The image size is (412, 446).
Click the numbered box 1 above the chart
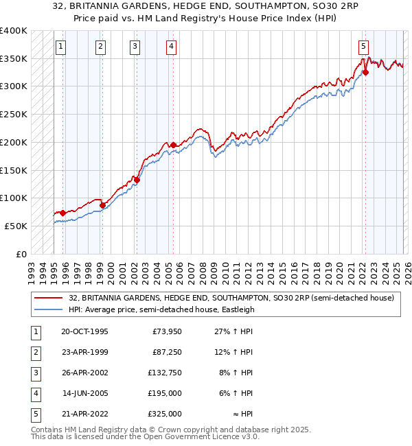(x=61, y=47)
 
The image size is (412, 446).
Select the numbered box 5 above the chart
(x=363, y=47)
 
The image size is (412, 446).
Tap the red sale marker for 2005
(x=174, y=145)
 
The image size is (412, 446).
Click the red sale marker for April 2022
(x=365, y=72)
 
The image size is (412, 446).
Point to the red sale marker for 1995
(x=63, y=213)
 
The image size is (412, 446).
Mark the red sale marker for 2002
(x=137, y=180)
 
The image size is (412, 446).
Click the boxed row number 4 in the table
(x=34, y=393)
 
